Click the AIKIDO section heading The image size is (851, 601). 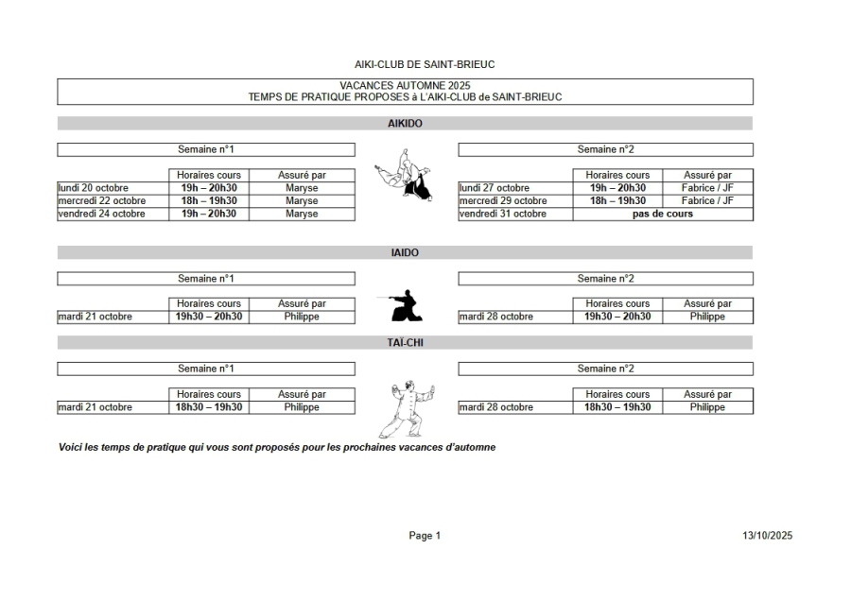tap(405, 124)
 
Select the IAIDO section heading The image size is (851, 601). tap(405, 253)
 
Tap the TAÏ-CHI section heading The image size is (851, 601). tap(405, 342)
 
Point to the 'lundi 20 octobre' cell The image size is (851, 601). tap(94, 188)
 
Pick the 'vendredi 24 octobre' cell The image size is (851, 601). tap(102, 214)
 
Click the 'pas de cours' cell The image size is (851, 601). tap(662, 214)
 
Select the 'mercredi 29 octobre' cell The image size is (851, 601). tap(503, 201)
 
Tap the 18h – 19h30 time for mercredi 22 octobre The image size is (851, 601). tap(209, 201)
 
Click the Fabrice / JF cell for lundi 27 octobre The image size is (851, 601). tap(707, 188)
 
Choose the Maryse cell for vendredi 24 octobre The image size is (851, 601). tap(302, 214)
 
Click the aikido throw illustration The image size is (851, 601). tap(406, 176)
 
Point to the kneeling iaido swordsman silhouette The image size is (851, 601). tap(406, 304)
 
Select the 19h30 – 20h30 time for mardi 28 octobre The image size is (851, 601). tap(617, 317)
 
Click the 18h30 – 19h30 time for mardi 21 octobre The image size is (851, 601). tap(209, 407)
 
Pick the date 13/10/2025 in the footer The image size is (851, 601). tap(767, 536)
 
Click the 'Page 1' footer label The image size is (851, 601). tap(425, 536)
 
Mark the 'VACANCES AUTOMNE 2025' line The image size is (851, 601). tap(405, 86)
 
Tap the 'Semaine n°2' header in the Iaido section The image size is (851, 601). tap(605, 279)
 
